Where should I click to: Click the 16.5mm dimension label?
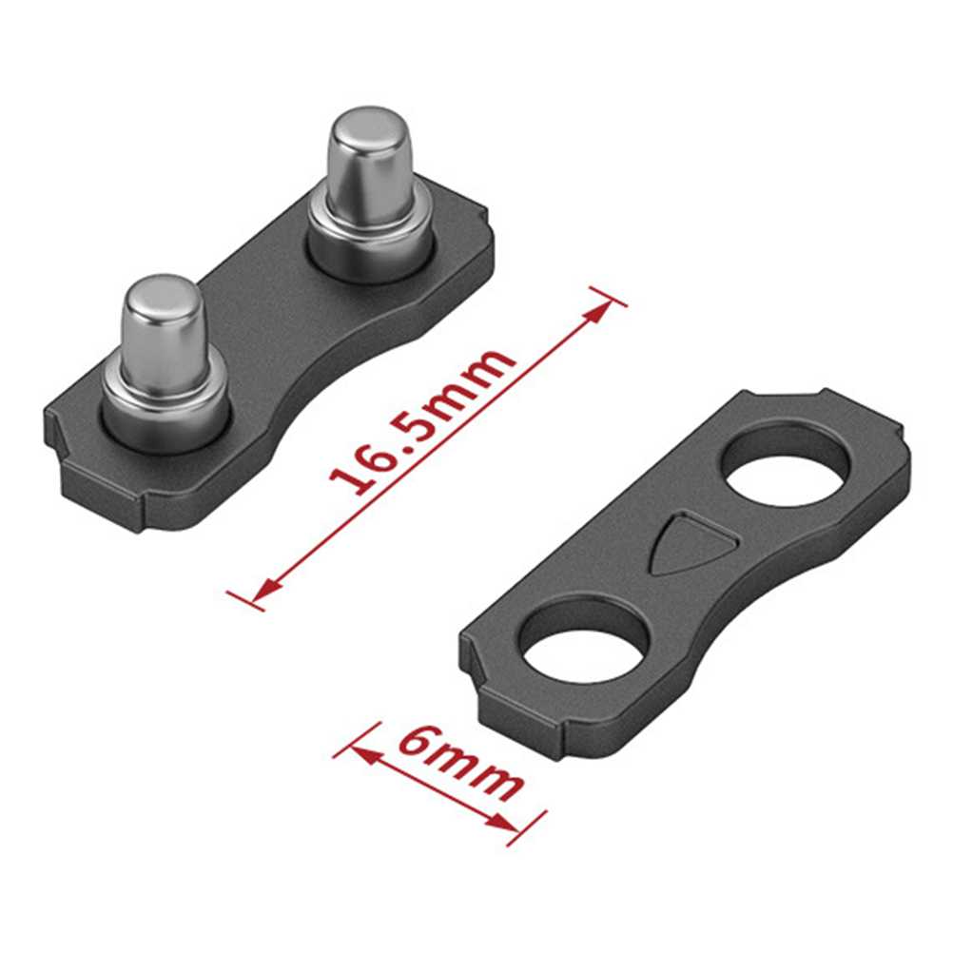pyautogui.click(x=423, y=421)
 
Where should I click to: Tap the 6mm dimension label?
pyautogui.click(x=460, y=763)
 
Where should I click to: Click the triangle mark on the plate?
pyautogui.click(x=693, y=541)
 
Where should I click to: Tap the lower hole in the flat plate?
pyautogui.click(x=585, y=641)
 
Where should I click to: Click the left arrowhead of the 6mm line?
pyautogui.click(x=362, y=754)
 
